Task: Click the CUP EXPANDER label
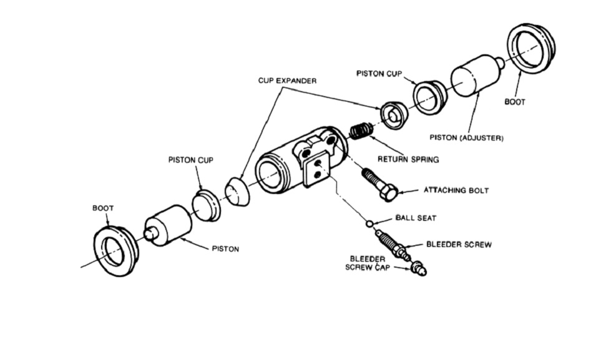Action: tap(287, 80)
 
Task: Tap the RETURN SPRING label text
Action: tap(408, 159)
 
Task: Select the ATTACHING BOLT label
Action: tap(456, 190)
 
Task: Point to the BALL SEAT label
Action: tap(416, 218)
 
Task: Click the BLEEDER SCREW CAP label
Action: tap(368, 263)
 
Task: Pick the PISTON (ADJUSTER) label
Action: tap(466, 138)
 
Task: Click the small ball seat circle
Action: tap(369, 223)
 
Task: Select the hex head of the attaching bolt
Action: tap(388, 192)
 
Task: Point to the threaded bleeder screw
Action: tap(392, 244)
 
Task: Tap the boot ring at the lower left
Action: tap(115, 251)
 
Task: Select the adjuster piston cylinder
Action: tap(476, 75)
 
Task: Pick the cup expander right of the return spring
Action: tap(394, 115)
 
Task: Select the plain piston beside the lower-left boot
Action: tap(168, 226)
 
